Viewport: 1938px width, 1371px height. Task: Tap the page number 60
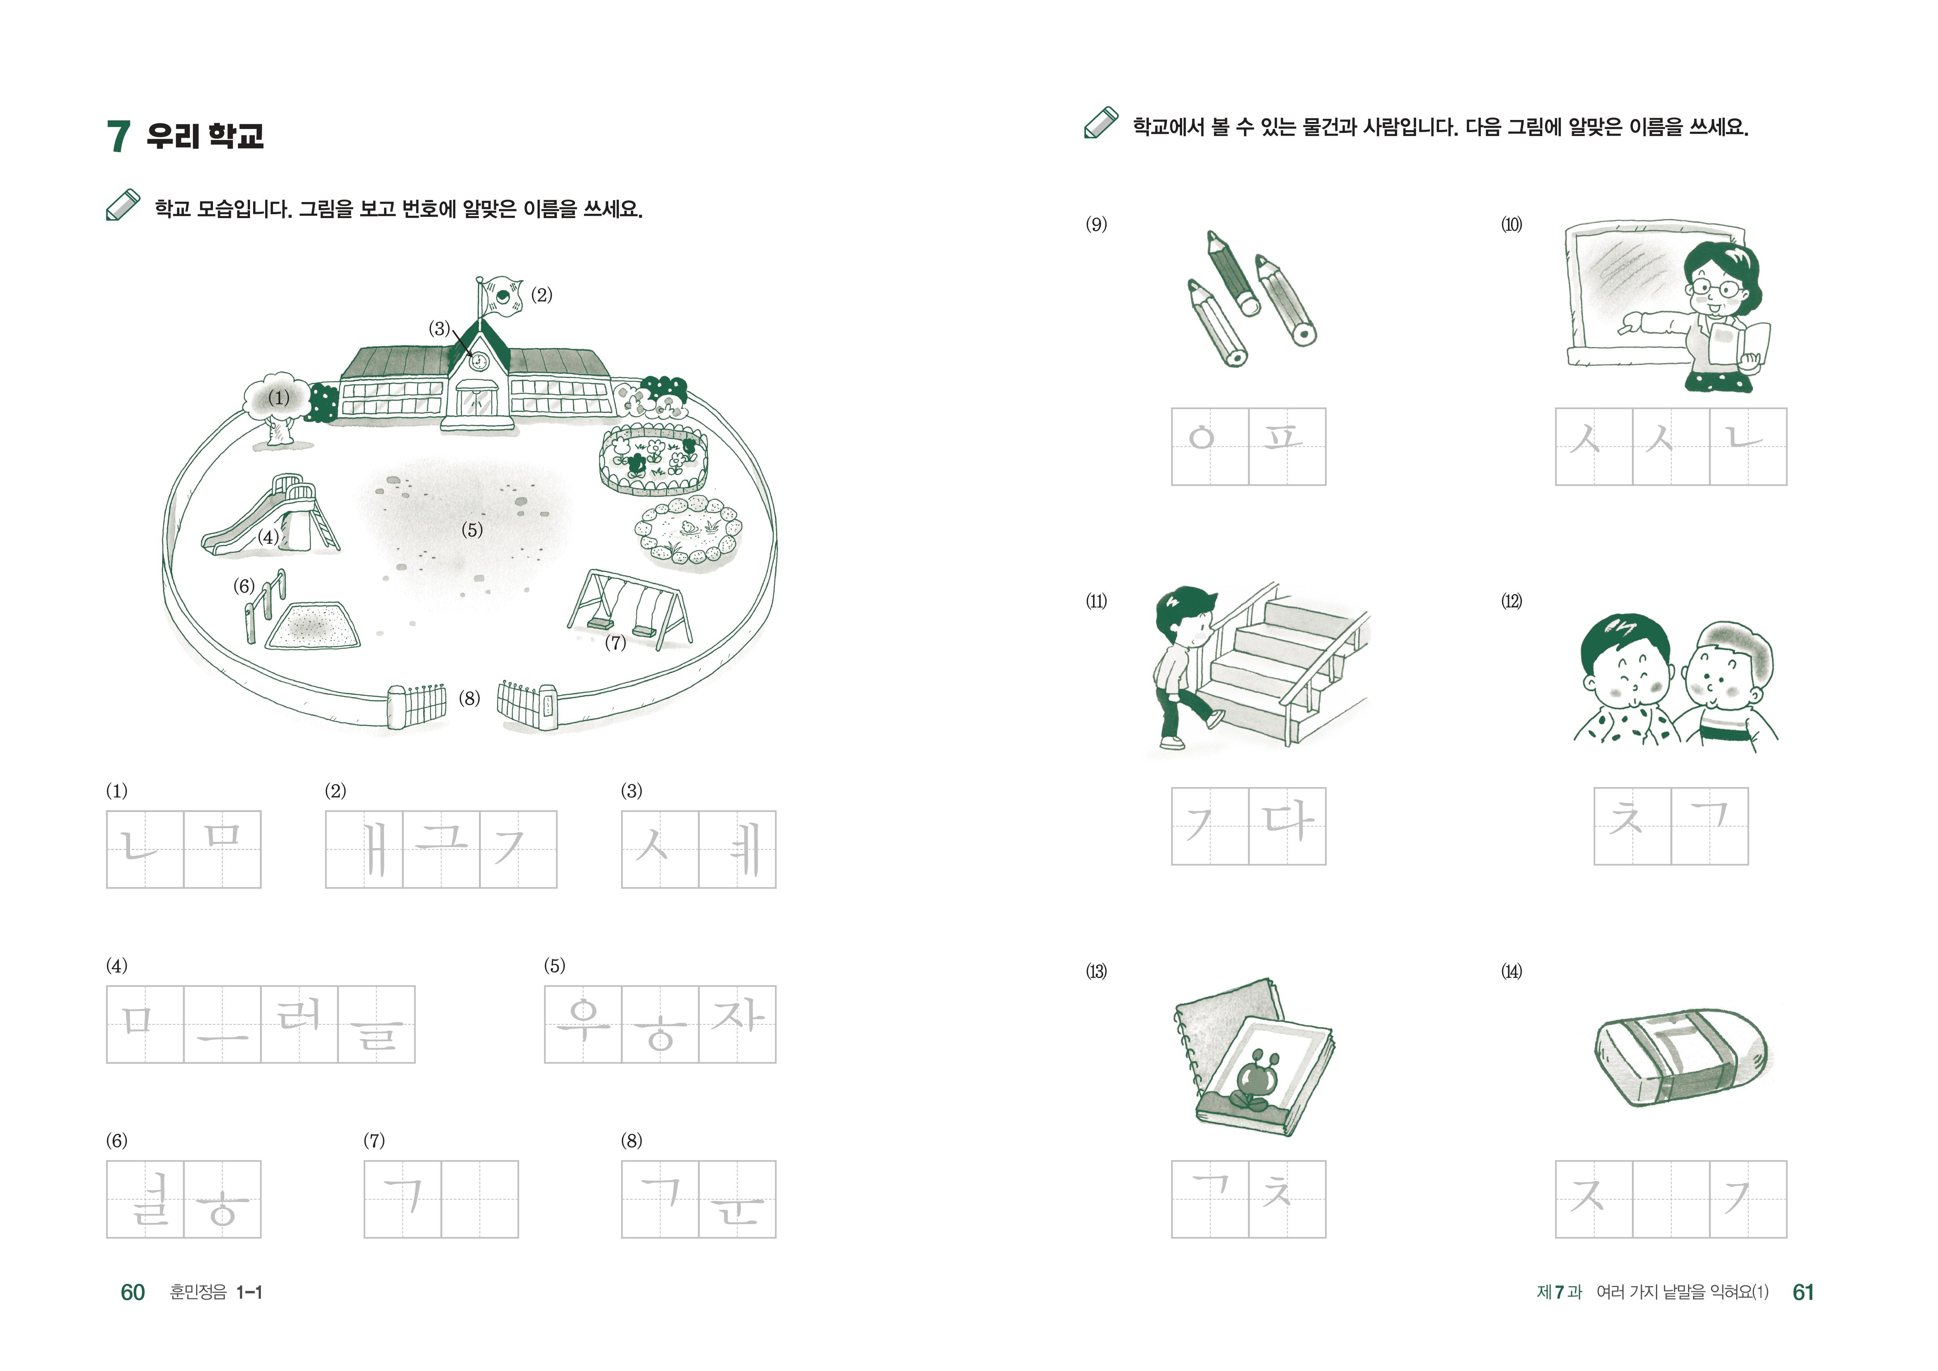132,1292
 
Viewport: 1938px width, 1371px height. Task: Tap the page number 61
1803,1292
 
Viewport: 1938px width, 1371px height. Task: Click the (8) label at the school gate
469,698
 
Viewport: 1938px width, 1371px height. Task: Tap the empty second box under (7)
479,1199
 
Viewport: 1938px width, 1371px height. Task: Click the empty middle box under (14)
1671,1199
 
